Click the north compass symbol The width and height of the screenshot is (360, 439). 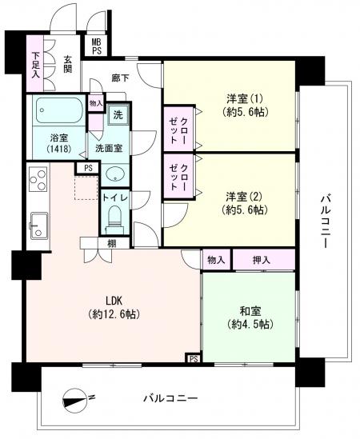pos(74,401)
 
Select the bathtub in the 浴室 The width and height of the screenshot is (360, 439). pos(59,110)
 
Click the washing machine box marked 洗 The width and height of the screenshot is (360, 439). pos(118,115)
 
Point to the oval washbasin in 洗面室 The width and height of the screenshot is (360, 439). pos(115,174)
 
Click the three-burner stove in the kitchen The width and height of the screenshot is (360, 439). pos(38,179)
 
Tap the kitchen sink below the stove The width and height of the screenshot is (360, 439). pos(39,225)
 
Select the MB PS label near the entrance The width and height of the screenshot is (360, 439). pos(97,46)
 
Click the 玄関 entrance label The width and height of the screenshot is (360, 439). pos(67,64)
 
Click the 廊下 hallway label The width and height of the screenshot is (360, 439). pos(120,78)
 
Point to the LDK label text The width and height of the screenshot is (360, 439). pos(114,301)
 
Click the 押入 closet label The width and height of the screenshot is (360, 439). pos(262,260)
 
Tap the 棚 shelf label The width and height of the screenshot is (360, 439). pos(111,244)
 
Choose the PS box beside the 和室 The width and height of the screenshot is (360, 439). pos(194,359)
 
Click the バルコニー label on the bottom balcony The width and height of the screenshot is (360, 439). pos(170,398)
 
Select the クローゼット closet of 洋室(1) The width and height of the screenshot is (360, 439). pos(178,129)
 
